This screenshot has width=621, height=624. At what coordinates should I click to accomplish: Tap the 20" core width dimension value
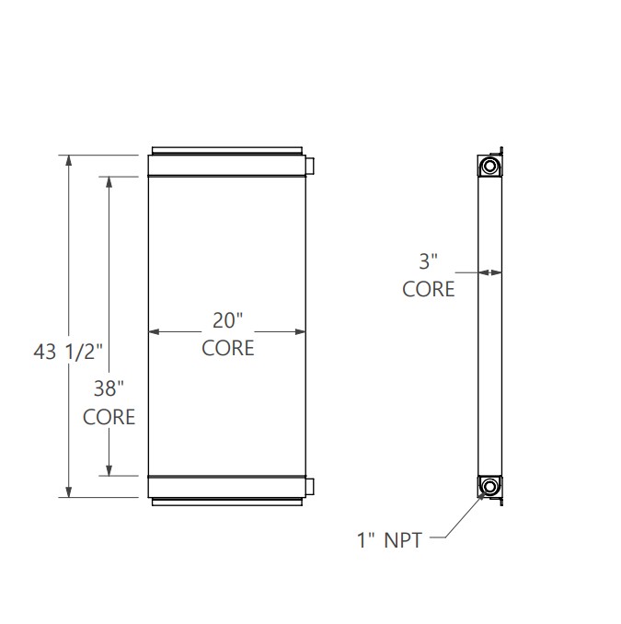tap(227, 320)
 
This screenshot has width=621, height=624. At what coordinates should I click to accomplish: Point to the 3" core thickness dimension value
tap(429, 260)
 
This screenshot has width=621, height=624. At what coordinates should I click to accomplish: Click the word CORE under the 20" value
tap(227, 349)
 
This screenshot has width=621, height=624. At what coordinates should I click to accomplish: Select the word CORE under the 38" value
tap(109, 417)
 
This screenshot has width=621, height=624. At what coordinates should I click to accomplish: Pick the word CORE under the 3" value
tap(429, 289)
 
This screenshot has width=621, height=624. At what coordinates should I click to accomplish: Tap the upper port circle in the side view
tap(490, 167)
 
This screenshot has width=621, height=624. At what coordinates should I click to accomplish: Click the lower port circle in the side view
tap(490, 486)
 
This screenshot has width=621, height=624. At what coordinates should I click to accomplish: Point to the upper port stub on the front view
tap(310, 166)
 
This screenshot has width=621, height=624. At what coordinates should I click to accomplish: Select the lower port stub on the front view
tap(310, 486)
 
